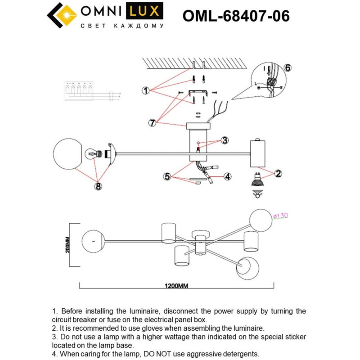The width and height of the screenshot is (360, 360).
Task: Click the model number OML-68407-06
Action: (x=236, y=16)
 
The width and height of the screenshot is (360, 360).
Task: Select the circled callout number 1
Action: (x=145, y=91)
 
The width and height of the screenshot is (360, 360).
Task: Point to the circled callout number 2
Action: (x=278, y=173)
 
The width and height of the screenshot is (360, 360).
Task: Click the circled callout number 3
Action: (x=225, y=141)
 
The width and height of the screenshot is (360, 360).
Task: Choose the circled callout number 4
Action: (x=228, y=177)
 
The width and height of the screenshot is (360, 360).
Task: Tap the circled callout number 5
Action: (x=168, y=177)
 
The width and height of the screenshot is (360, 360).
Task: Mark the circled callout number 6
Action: (x=288, y=68)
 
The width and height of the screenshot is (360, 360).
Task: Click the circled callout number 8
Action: (x=98, y=184)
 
